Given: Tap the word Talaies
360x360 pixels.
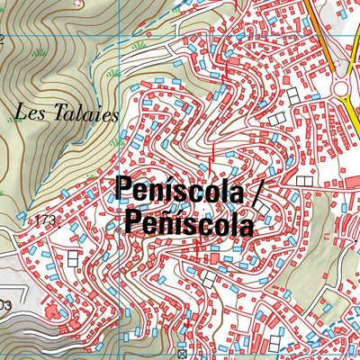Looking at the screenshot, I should point(67,113).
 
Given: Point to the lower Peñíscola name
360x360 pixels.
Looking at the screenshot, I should point(189,220).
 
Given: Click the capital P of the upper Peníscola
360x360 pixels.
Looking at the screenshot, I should point(123,191).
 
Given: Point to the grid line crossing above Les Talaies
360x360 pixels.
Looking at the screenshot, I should point(120,36).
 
